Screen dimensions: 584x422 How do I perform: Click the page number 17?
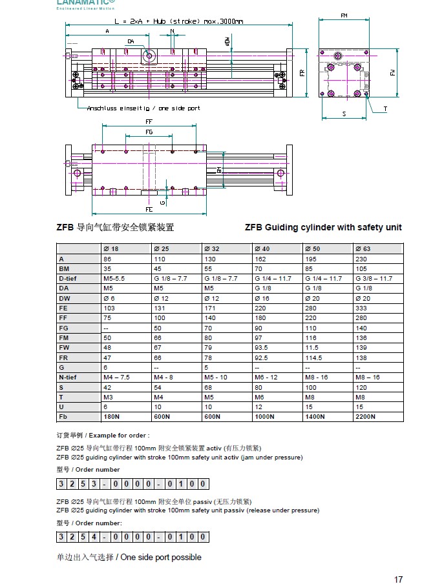(398, 579)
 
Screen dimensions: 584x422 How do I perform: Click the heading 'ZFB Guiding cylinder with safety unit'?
(323, 227)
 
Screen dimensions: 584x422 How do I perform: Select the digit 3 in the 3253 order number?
(62, 483)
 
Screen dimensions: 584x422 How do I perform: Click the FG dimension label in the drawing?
(149, 132)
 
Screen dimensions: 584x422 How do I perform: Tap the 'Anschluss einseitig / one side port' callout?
(143, 108)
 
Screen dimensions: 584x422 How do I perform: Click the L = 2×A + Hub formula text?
(174, 21)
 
